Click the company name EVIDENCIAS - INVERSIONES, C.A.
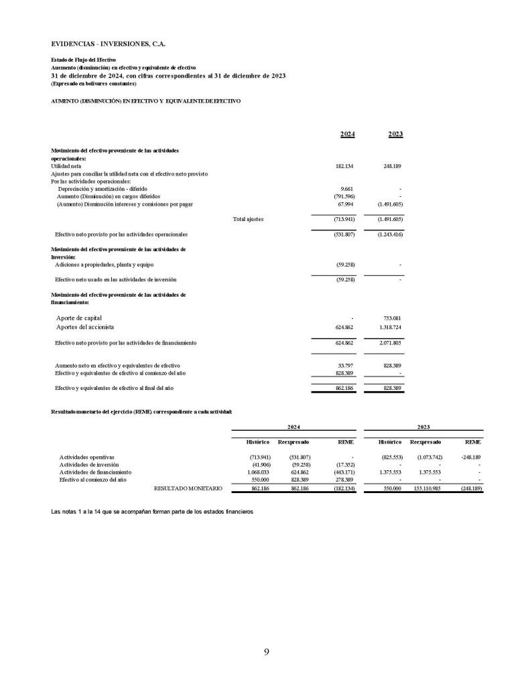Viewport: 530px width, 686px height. tap(108, 44)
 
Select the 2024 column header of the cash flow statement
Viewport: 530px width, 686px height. tap(347, 134)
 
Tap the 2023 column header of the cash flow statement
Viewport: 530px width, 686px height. tap(395, 134)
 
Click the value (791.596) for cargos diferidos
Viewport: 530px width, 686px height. tap(344, 196)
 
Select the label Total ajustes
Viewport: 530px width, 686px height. tap(248, 219)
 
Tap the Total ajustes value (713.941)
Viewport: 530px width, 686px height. tap(344, 219)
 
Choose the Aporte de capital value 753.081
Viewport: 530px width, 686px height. tap(393, 318)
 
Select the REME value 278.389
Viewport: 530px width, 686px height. tap(343, 480)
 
